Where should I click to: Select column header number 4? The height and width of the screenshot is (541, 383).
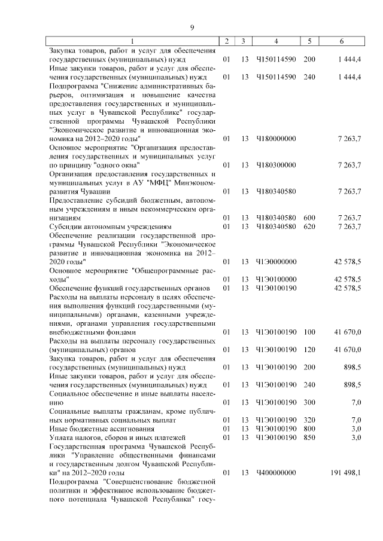coord(276,41)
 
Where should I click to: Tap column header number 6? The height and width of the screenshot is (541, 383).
coord(341,41)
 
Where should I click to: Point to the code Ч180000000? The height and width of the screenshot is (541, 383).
coord(276,139)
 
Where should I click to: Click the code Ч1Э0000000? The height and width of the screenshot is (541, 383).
coord(276,262)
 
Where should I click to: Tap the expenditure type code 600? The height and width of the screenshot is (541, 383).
coord(309,218)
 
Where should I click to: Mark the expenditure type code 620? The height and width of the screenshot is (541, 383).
coord(309,227)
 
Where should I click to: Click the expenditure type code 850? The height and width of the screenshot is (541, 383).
coord(309,438)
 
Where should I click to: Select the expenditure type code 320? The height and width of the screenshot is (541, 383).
coord(309,420)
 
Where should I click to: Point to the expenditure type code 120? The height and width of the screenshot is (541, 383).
coord(309,349)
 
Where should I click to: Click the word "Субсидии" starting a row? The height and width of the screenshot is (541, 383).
coord(65,227)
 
